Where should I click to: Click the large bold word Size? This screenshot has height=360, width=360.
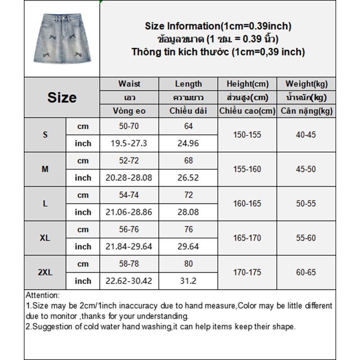tap(62, 98)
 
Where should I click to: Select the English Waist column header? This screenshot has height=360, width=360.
tap(129, 84)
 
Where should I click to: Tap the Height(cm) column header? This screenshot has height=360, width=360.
tap(247, 84)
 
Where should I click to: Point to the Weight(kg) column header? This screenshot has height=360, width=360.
tap(306, 84)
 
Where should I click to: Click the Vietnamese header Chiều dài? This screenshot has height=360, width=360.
tap(189, 111)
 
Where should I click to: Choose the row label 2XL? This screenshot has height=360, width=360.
tap(45, 272)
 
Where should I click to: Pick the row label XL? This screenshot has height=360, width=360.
tap(45, 238)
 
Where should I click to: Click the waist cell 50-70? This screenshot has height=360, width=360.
tap(129, 126)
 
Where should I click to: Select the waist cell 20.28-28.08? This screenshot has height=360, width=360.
tap(129, 178)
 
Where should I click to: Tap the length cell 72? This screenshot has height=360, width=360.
tap(189, 195)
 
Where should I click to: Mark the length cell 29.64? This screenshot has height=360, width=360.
tap(189, 247)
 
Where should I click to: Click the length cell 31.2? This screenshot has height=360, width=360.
tap(189, 281)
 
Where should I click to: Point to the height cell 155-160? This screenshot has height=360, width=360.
tap(247, 169)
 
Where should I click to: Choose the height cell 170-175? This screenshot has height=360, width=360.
tap(247, 272)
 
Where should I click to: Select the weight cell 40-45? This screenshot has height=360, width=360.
tap(306, 135)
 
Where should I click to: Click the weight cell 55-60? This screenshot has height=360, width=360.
tap(306, 238)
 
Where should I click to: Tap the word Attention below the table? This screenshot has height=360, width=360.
tap(42, 296)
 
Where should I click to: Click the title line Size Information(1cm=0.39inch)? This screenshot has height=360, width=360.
tap(218, 26)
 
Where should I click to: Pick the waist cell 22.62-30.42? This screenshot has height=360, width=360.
tap(129, 281)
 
